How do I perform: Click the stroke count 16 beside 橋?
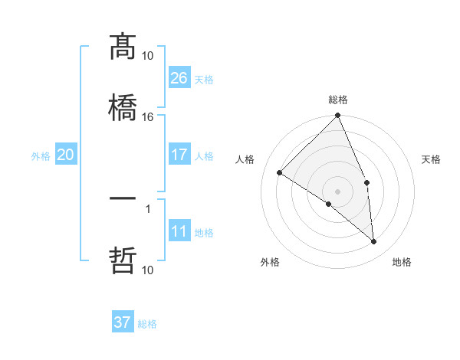click(x=148, y=117)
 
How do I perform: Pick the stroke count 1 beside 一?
click(x=148, y=208)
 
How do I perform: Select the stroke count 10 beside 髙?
click(x=148, y=55)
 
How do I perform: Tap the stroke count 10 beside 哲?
click(x=148, y=270)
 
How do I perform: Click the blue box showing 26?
click(x=179, y=77)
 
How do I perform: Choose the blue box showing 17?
click(x=179, y=155)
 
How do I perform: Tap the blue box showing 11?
click(x=179, y=231)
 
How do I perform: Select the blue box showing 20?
click(x=66, y=155)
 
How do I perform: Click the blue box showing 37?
click(x=123, y=322)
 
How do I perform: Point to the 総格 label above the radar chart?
click(x=338, y=100)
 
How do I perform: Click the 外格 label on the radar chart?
click(x=270, y=262)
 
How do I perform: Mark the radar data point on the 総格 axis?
click(x=338, y=116)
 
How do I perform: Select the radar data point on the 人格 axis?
click(x=280, y=173)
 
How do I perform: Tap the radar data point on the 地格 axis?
click(x=374, y=242)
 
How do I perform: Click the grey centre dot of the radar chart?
click(x=338, y=191)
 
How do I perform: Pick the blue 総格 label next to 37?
click(x=147, y=324)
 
